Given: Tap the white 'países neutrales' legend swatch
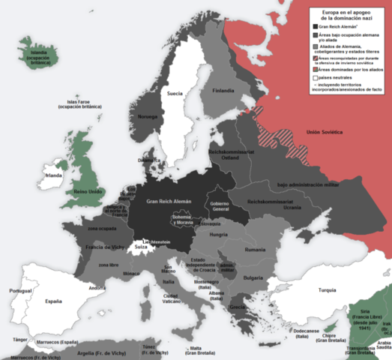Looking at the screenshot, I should coord(316,78).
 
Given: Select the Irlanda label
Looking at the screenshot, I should coord(52,175).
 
